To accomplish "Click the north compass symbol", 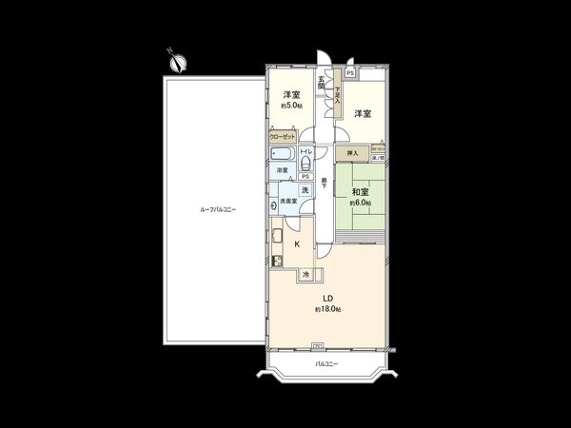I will [x=176, y=63].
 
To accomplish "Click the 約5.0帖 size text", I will [x=291, y=106].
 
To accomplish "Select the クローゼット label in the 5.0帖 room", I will [x=282, y=137].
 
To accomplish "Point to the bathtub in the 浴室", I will [x=283, y=153].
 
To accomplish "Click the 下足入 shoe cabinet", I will [x=336, y=95].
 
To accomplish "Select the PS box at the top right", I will [x=350, y=73].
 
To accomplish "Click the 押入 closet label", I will [x=351, y=152].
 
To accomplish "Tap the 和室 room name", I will [x=364, y=191].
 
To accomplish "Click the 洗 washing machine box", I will [x=305, y=190].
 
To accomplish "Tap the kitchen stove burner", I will [x=278, y=261].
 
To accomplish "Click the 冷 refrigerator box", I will [x=305, y=275].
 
